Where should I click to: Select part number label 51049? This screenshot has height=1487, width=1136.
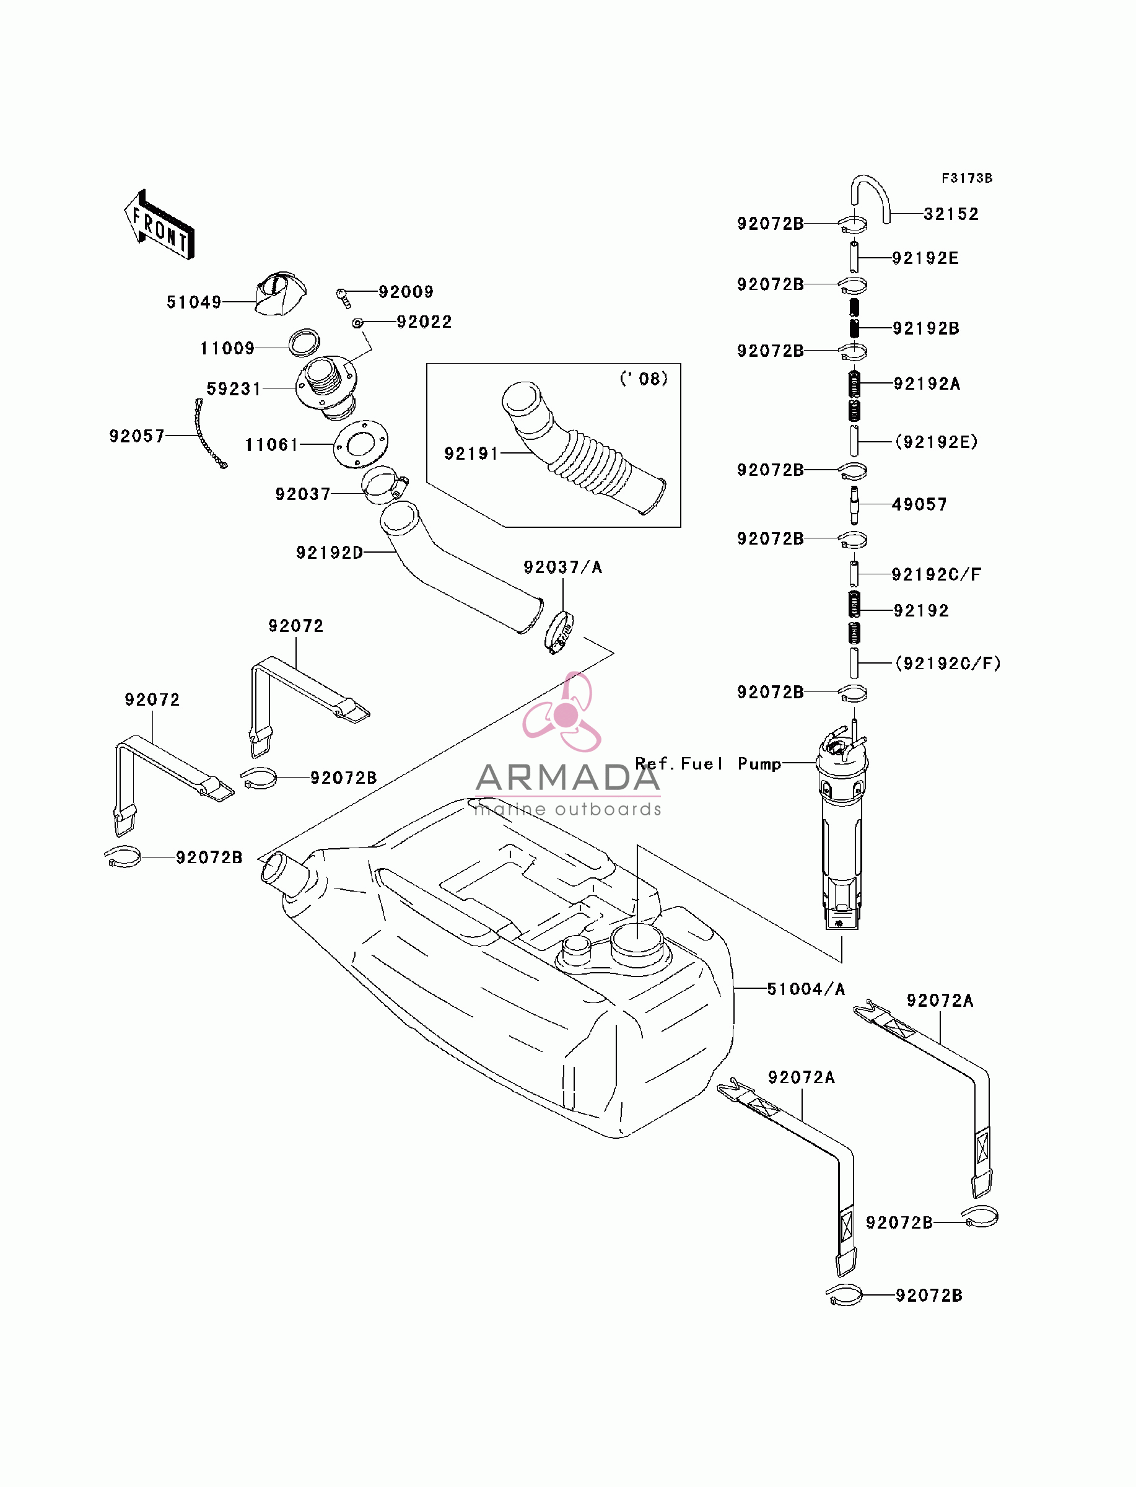194,302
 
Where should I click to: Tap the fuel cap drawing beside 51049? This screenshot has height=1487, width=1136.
280,294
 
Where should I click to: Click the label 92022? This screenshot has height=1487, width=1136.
424,322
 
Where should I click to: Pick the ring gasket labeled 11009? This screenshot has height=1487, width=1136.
304,342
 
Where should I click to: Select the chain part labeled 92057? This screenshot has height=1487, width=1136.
211,434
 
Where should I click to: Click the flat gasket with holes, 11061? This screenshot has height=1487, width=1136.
360,444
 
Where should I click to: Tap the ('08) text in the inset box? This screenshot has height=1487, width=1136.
644,379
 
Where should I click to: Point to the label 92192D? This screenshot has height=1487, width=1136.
330,553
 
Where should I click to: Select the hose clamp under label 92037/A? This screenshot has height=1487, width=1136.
560,632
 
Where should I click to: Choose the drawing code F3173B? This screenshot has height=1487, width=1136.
967,178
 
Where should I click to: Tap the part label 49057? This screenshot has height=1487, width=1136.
919,504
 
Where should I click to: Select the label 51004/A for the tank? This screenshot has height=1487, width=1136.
806,989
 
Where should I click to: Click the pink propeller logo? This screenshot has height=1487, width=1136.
562,713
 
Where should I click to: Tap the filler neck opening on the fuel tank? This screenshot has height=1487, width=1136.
279,868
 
